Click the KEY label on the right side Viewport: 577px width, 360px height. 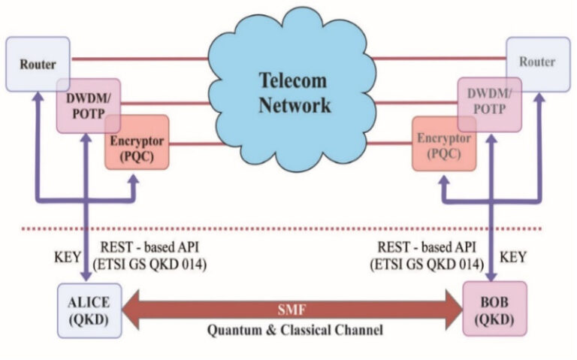[x=512, y=257]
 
